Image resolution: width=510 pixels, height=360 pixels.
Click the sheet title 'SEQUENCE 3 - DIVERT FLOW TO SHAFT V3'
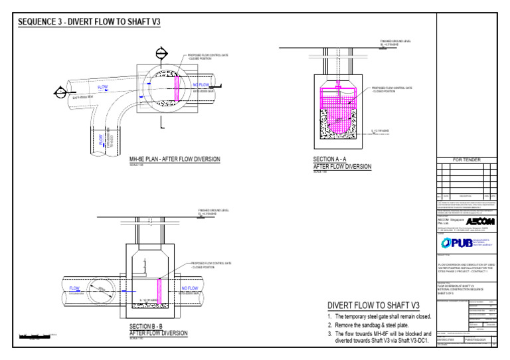click(89, 22)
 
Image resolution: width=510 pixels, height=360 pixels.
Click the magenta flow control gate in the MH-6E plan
click(177, 86)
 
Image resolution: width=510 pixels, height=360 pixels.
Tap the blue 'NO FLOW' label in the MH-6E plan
click(201, 85)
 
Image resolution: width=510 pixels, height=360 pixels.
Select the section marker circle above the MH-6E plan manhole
click(161, 53)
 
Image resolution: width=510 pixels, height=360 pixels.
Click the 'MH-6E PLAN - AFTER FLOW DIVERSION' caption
click(175, 159)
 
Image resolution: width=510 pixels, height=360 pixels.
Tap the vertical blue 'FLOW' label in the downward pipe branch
click(102, 139)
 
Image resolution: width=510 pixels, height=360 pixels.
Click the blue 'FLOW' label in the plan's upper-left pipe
click(103, 88)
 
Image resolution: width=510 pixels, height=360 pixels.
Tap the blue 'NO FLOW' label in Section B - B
click(191, 289)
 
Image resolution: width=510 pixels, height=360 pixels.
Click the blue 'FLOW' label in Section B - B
click(74, 289)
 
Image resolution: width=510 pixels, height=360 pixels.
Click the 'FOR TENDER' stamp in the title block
click(467, 159)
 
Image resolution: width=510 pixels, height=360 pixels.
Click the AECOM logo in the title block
click(480, 221)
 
